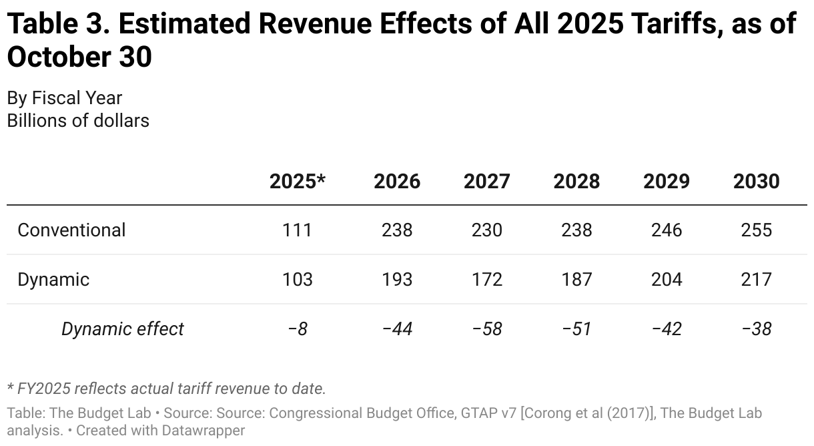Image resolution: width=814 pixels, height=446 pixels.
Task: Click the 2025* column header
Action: tap(297, 182)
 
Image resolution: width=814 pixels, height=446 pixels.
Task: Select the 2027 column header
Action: tap(487, 182)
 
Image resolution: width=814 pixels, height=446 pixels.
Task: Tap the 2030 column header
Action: tap(756, 182)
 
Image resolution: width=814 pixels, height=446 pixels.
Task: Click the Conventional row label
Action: tap(71, 230)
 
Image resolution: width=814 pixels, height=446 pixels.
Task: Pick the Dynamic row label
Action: tap(53, 279)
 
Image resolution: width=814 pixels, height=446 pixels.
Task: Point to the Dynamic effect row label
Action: tap(122, 328)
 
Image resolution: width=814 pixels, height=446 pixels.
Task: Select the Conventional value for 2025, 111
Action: tap(297, 230)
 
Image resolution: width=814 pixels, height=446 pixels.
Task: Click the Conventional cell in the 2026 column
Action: tap(397, 230)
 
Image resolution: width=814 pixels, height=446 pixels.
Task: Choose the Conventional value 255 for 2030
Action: tap(756, 230)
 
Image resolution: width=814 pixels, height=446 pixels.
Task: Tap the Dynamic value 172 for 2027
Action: tap(487, 279)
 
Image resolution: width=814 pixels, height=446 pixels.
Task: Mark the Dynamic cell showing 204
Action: tap(667, 279)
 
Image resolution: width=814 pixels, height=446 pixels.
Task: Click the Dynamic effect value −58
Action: tap(487, 328)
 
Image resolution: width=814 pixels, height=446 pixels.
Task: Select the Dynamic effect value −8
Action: tap(297, 328)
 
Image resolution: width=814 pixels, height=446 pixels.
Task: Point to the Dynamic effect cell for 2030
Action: tap(756, 328)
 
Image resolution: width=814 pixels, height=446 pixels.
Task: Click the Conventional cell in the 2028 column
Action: tap(576, 230)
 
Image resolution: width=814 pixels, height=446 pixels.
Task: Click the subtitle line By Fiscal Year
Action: tap(65, 98)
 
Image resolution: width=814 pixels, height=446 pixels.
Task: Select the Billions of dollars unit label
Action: tap(78, 121)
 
